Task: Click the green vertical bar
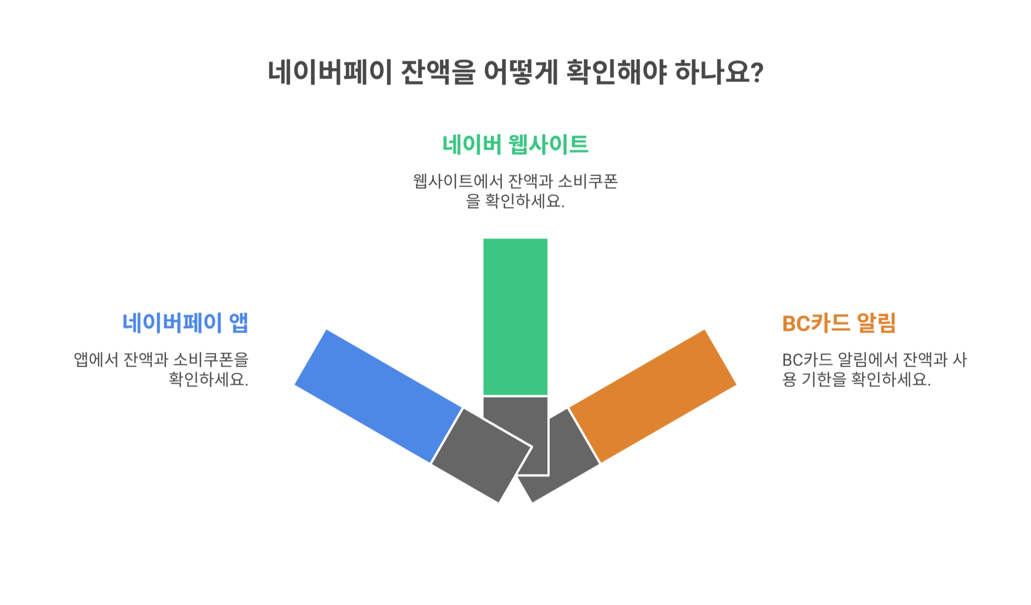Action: (x=515, y=317)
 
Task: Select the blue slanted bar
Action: (x=378, y=396)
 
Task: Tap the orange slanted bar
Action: (x=653, y=396)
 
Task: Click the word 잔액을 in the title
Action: (x=437, y=72)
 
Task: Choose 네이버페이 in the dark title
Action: (x=329, y=72)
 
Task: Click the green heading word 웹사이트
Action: (x=548, y=145)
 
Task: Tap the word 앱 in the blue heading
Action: (x=238, y=323)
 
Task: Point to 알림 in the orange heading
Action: (x=876, y=323)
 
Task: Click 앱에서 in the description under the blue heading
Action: (x=96, y=359)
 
